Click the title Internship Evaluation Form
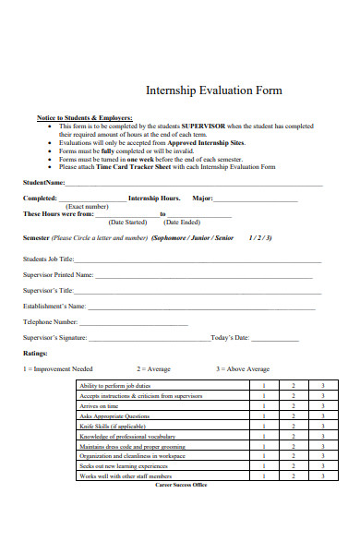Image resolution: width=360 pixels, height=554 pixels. (214, 91)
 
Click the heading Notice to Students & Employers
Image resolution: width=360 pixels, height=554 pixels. (84, 118)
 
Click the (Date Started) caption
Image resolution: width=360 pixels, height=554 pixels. (127, 223)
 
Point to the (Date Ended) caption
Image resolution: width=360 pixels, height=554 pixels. (182, 223)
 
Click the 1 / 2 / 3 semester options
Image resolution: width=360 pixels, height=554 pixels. (260, 237)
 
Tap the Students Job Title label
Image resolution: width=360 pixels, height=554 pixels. (48, 259)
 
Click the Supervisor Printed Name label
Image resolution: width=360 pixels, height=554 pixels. (57, 275)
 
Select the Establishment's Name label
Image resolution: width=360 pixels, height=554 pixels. (54, 306)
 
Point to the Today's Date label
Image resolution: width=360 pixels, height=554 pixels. (230, 338)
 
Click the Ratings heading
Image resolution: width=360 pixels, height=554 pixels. (35, 353)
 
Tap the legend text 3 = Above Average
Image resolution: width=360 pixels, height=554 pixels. (243, 368)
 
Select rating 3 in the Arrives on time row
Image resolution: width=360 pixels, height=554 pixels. (322, 406)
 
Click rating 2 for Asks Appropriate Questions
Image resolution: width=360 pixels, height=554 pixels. (294, 416)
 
